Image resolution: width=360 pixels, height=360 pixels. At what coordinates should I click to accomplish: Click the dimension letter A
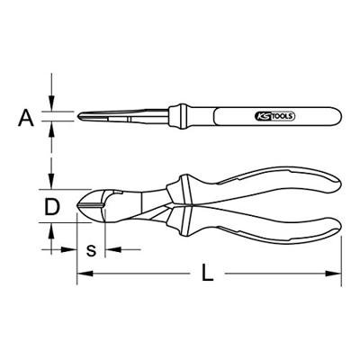(x=26, y=117)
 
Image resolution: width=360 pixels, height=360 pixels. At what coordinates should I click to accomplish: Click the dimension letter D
(x=52, y=207)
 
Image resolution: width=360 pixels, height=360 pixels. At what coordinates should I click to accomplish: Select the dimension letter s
(x=91, y=250)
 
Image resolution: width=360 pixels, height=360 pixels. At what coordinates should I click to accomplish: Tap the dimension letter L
(x=207, y=273)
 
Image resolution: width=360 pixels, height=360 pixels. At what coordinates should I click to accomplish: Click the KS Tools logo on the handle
(x=274, y=116)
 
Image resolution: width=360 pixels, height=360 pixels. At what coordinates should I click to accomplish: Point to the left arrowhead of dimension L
(x=85, y=274)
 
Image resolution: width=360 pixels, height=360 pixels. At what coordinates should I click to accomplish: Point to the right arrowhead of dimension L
(x=334, y=274)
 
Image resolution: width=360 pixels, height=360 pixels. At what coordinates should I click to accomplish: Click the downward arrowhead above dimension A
(x=51, y=103)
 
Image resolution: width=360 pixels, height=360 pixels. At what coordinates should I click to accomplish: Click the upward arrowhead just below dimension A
(x=51, y=129)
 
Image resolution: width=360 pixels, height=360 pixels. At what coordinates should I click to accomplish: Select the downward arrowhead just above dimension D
(x=51, y=182)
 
